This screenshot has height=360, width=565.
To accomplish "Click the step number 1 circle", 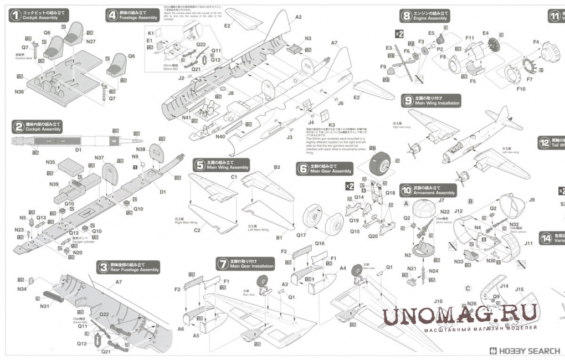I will tap(15, 16).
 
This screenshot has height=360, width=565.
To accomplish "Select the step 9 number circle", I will tap(408, 101).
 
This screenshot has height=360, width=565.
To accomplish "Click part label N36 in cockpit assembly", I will tap(19, 92).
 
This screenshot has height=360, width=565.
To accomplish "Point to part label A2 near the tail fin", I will tap(298, 17).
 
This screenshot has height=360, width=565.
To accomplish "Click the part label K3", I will tap(332, 125).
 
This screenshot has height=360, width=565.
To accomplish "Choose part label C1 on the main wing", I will tap(234, 177).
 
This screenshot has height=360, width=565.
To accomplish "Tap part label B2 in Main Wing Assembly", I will tap(276, 167).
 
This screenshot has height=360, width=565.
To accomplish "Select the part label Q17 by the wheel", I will tap(301, 235).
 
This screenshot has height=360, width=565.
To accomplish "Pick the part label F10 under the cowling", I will tap(520, 89).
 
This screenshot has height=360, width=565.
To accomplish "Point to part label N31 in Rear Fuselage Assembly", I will tap(44, 306).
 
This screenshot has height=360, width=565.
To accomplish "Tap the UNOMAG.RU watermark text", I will tap(460, 316).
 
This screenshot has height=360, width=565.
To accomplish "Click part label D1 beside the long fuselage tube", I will tap(78, 150).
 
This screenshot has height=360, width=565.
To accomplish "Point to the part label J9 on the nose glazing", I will tap(532, 200).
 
